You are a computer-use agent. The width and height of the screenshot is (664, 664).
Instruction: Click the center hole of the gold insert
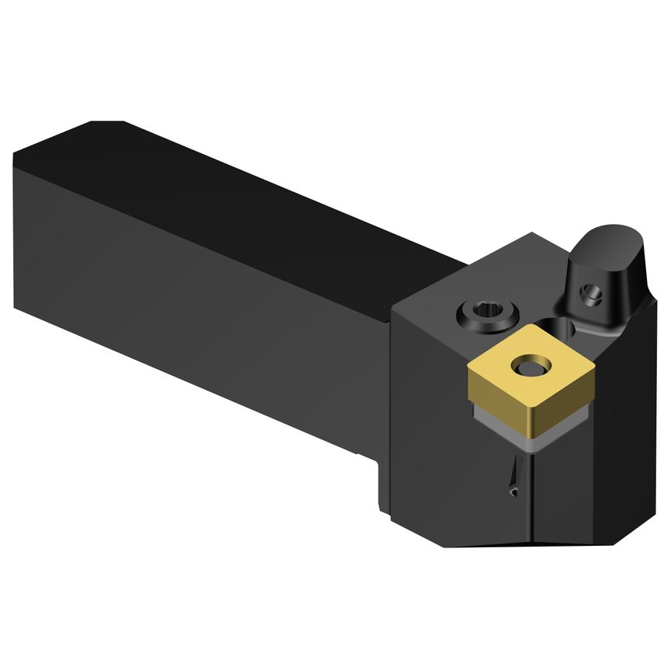(x=531, y=365)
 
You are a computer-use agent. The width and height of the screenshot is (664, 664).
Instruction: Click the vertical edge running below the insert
(x=531, y=498)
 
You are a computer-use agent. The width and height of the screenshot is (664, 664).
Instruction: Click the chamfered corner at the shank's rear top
(x=107, y=124)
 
